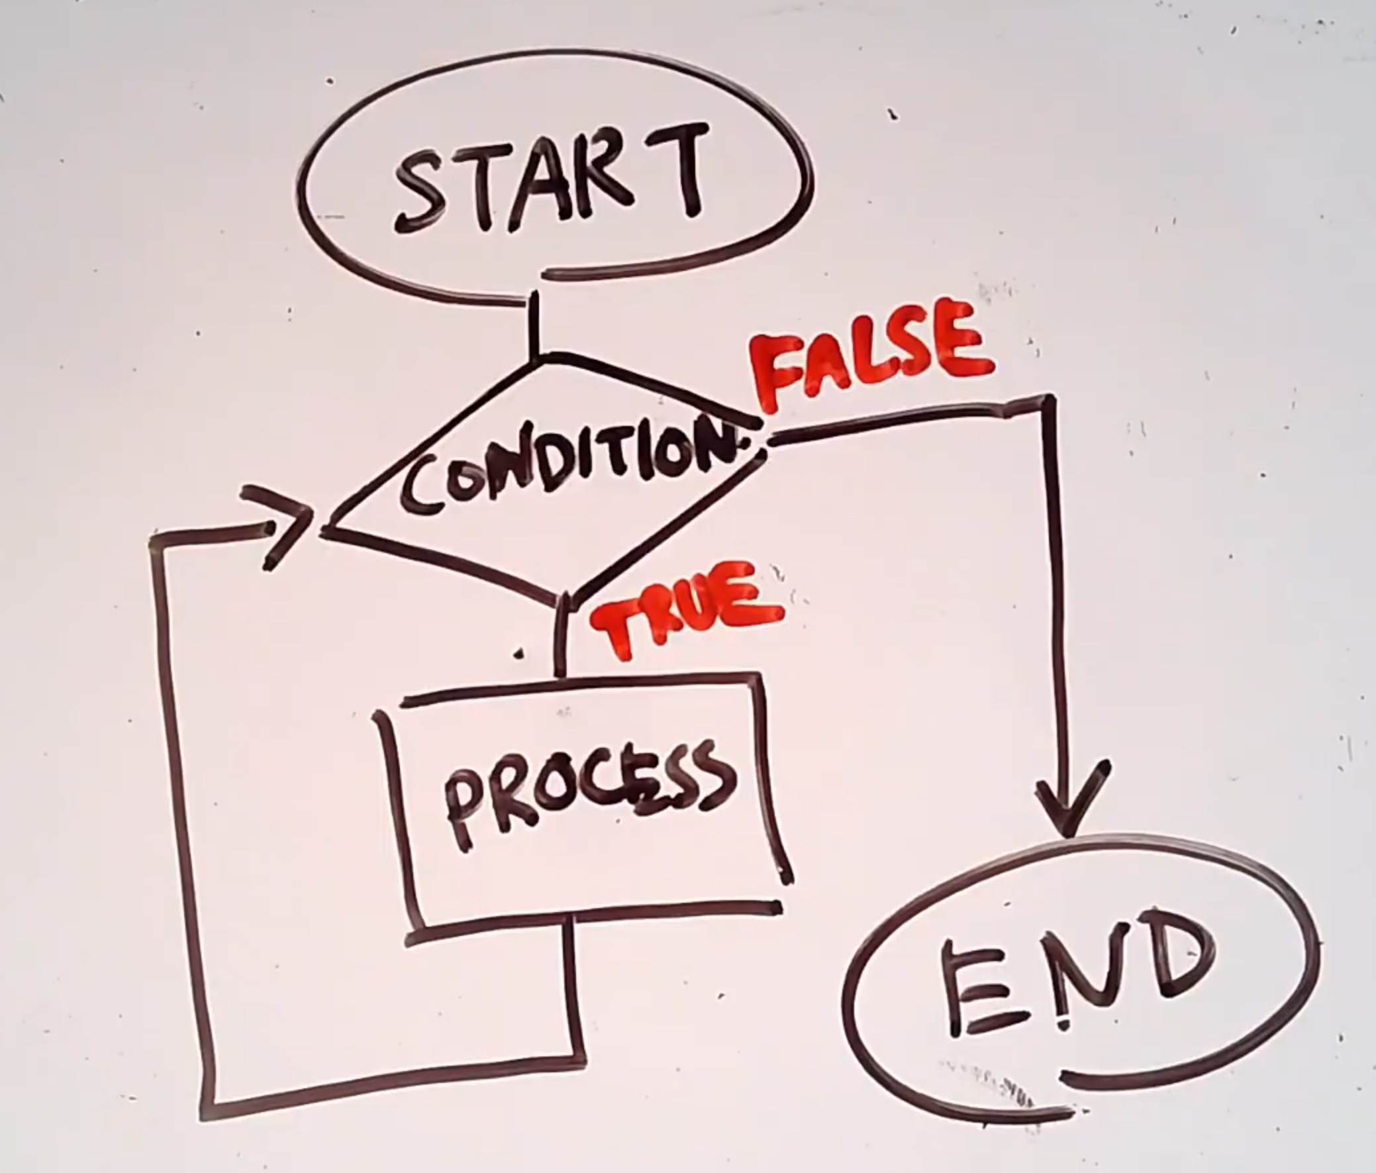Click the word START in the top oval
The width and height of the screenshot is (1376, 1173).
pyautogui.click(x=548, y=178)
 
